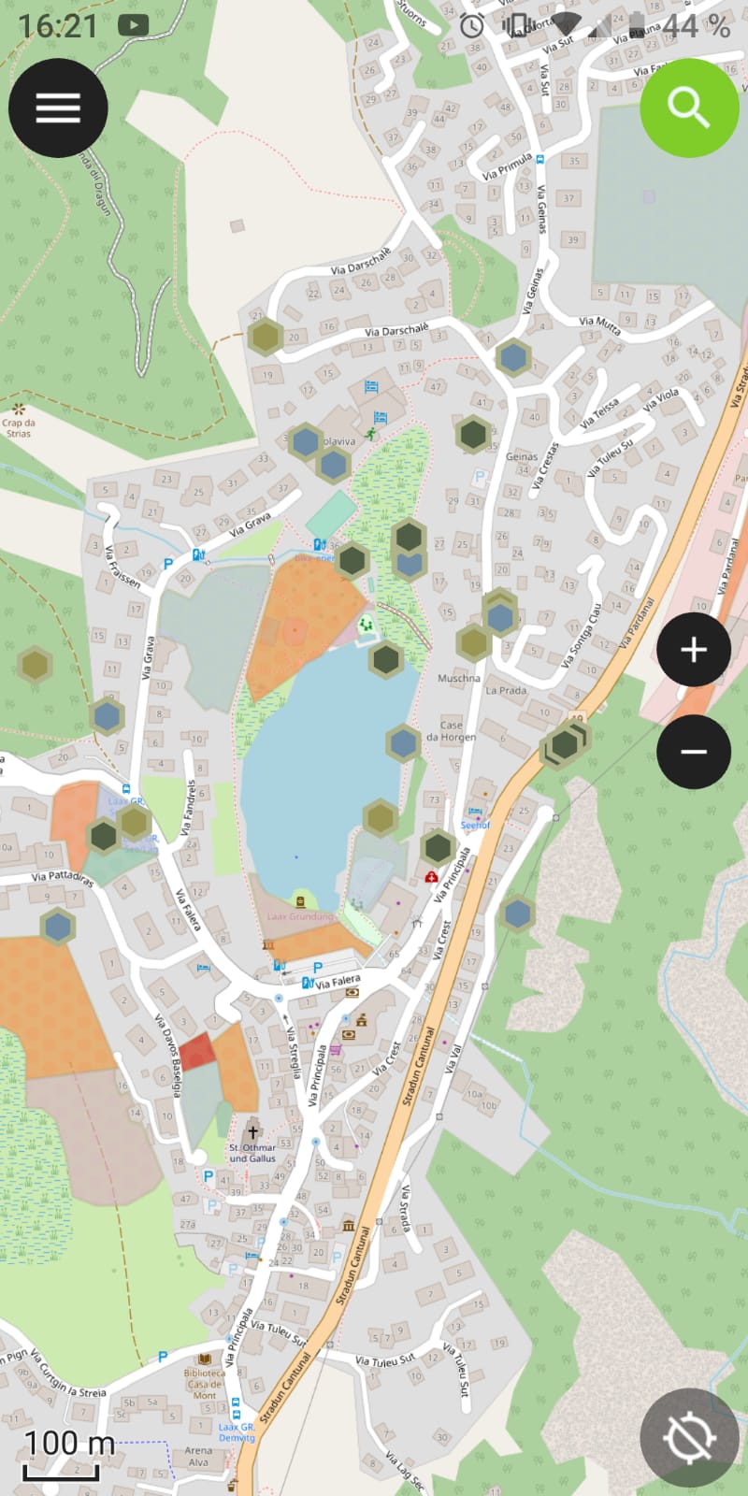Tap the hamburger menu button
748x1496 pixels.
pyautogui.click(x=58, y=108)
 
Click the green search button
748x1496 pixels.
pyautogui.click(x=689, y=108)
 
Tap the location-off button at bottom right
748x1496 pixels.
pyautogui.click(x=689, y=1437)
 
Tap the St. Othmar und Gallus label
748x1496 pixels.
pyautogui.click(x=252, y=1153)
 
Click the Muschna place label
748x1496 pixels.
pyautogui.click(x=459, y=678)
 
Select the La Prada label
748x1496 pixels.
pyautogui.click(x=505, y=690)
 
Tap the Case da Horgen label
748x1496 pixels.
pyautogui.click(x=451, y=730)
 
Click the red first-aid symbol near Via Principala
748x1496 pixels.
pyautogui.click(x=431, y=877)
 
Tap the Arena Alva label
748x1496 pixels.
pyautogui.click(x=198, y=1457)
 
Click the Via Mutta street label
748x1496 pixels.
pyautogui.click(x=599, y=324)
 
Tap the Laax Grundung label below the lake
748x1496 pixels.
pyautogui.click(x=300, y=916)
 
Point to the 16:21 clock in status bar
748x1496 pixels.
pyautogui.click(x=57, y=25)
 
